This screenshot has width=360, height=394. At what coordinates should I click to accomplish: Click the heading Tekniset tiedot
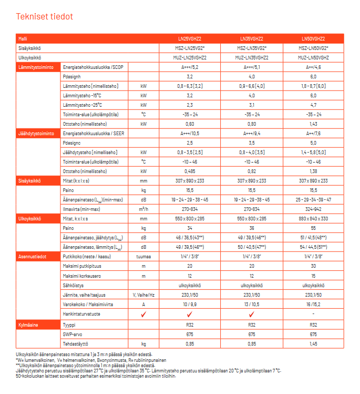(45, 17)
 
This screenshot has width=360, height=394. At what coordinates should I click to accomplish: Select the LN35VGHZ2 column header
(251, 38)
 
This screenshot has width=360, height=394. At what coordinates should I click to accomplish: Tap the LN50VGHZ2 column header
(313, 38)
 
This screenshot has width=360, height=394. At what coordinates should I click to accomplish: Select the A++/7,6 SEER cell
(313, 133)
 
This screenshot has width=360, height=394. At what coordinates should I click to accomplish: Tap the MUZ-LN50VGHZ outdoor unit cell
(313, 57)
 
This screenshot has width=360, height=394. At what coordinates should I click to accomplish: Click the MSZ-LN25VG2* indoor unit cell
(190, 47)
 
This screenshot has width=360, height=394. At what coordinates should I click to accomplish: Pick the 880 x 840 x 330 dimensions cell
(313, 218)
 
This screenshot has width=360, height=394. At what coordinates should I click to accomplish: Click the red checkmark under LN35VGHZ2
(252, 314)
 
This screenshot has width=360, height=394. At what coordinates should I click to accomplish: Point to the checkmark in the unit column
(143, 314)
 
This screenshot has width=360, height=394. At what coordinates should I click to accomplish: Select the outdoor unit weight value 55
(313, 228)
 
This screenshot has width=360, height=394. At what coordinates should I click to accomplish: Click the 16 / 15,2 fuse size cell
(313, 304)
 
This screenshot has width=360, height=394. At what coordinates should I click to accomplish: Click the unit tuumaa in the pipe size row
(143, 257)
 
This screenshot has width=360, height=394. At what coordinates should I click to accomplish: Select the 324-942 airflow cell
(313, 209)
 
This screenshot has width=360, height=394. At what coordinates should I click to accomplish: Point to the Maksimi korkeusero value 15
(313, 276)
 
